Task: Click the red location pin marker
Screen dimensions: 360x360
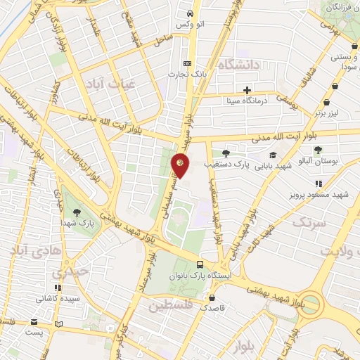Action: [181, 165]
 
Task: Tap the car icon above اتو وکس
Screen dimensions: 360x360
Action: [190, 14]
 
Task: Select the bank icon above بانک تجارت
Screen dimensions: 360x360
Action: [187, 62]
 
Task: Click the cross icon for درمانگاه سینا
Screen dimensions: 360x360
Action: [247, 90]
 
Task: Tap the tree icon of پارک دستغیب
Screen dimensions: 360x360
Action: [226, 153]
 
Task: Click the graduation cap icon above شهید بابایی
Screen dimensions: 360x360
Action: [272, 155]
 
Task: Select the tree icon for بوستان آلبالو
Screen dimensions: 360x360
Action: [319, 150]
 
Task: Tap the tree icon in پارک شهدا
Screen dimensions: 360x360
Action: [76, 212]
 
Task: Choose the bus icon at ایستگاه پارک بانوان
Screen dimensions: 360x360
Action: [201, 265]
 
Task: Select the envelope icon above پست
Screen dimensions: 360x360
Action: [34, 322]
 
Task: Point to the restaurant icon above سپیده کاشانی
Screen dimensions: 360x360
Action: [58, 288]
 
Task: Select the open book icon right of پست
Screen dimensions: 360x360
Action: [59, 324]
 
